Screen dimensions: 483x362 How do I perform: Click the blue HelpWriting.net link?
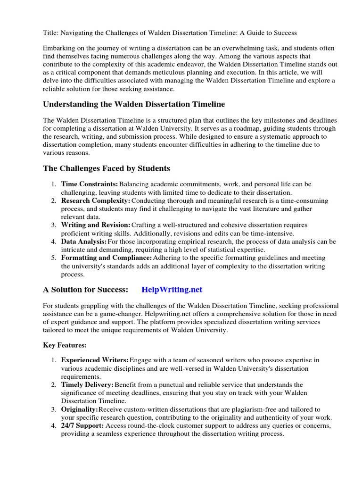click(x=172, y=290)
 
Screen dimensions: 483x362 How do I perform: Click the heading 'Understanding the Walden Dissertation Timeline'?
click(x=134, y=104)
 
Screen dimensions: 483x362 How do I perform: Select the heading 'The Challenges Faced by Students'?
click(x=107, y=168)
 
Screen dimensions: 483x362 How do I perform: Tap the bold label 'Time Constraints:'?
click(x=90, y=184)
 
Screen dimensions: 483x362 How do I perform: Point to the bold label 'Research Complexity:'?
click(x=96, y=201)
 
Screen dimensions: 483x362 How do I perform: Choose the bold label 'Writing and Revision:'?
click(x=96, y=225)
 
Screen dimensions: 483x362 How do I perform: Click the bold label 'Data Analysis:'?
click(x=84, y=241)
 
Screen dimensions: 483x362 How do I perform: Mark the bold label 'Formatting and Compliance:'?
click(x=107, y=258)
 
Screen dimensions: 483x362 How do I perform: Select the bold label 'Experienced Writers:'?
click(x=95, y=361)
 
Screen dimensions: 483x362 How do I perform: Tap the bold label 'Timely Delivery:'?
click(x=87, y=385)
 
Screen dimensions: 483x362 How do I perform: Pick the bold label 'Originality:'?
click(x=80, y=409)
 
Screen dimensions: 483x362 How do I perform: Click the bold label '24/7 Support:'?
click(x=82, y=426)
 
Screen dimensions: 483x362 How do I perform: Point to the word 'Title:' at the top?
click(x=51, y=33)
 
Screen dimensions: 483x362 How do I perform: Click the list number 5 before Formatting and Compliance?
click(x=53, y=258)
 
